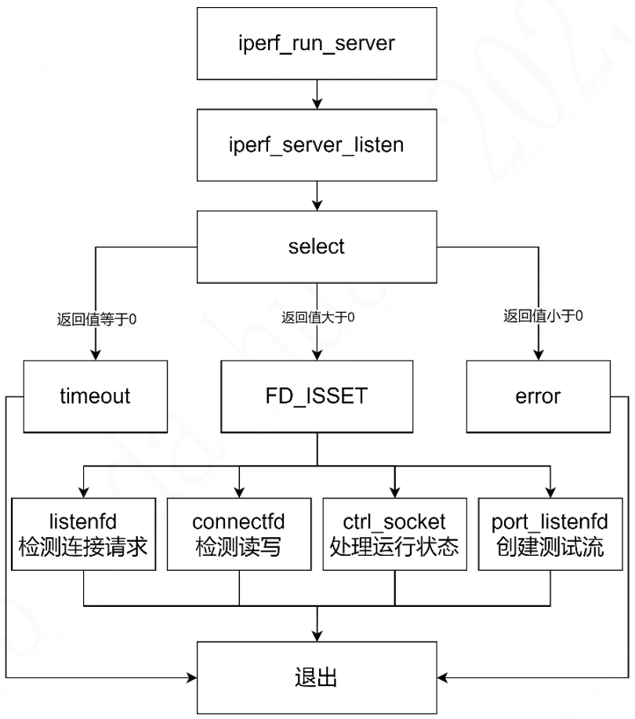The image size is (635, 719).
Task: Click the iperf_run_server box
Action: pyautogui.click(x=316, y=43)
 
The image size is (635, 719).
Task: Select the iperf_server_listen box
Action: pyautogui.click(x=316, y=144)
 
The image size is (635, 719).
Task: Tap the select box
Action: pyautogui.click(x=316, y=246)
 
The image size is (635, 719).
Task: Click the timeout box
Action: pyautogui.click(x=95, y=396)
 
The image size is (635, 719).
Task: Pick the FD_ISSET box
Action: pyautogui.click(x=316, y=396)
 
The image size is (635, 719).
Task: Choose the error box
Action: pyautogui.click(x=538, y=396)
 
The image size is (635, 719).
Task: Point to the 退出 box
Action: pyautogui.click(x=316, y=677)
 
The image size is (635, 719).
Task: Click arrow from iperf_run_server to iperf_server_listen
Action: pyautogui.click(x=316, y=94)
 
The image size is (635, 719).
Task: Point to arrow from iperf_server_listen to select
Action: pyautogui.click(x=316, y=195)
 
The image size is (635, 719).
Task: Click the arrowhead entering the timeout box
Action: pyautogui.click(x=95, y=355)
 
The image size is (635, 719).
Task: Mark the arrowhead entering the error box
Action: pyautogui.click(x=538, y=355)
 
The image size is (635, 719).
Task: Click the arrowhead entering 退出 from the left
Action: pyautogui.click(x=191, y=677)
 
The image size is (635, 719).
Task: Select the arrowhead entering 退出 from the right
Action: pyautogui.click(x=441, y=677)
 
